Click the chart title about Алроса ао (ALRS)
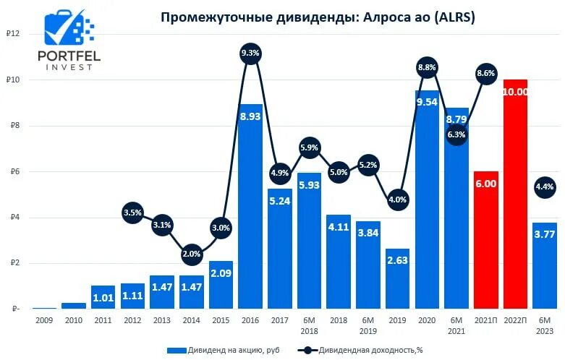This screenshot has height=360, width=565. click(317, 18)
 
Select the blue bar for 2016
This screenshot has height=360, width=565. click(250, 210)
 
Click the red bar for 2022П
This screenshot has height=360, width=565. click(515, 195)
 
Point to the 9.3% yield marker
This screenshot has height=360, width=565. click(250, 53)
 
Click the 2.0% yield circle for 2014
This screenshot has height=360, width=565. click(191, 254)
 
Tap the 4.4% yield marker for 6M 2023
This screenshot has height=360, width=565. click(544, 187)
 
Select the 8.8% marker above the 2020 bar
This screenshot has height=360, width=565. click(427, 67)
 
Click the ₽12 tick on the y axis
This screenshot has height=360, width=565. click(12, 34)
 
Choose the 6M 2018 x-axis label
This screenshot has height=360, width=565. click(309, 326)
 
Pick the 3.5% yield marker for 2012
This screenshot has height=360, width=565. click(132, 213)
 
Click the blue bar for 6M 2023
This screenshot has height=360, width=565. click(544, 267)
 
